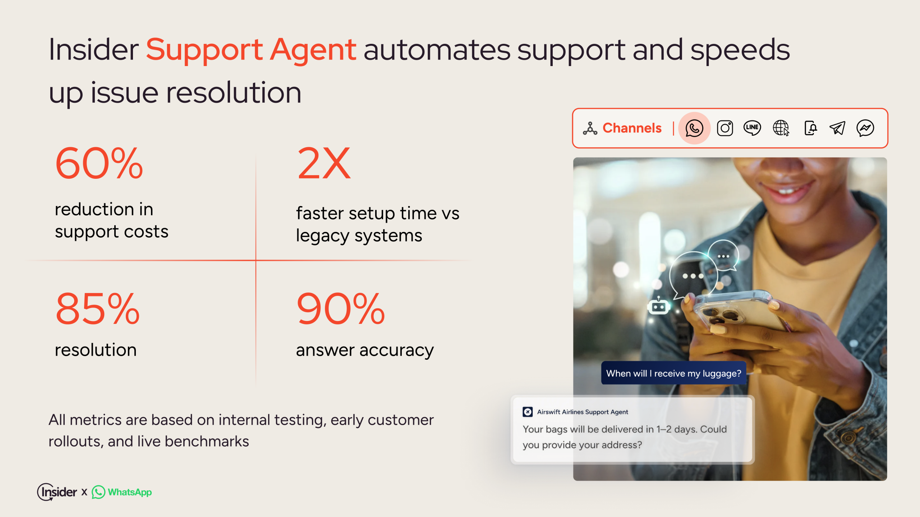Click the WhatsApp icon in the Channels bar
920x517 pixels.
pos(694,128)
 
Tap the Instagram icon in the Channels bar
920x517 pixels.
pos(725,128)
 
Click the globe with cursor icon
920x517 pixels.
pos(781,128)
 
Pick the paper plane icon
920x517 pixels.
pos(837,128)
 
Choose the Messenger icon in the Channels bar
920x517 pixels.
pos(865,128)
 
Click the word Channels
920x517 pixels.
pos(632,128)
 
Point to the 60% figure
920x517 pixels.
pos(99,163)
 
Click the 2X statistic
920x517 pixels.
pos(324,163)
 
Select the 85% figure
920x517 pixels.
pos(97,309)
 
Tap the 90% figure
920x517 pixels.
pos(341,309)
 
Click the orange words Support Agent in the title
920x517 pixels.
pos(251,50)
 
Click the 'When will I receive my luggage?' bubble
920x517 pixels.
pos(673,373)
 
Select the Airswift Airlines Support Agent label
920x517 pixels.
pos(583,412)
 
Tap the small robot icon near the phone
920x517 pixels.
pos(658,306)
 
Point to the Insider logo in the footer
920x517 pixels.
pos(57,492)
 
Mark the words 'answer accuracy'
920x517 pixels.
pos(365,350)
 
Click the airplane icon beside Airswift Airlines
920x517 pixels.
pos(528,412)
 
